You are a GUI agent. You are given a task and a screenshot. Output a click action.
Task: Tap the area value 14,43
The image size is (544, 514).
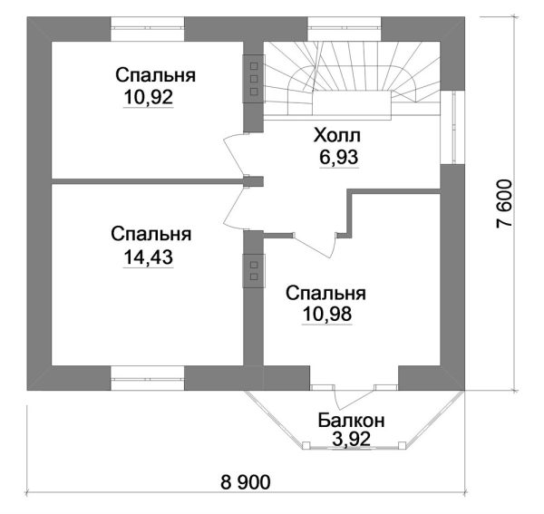coord(147,257)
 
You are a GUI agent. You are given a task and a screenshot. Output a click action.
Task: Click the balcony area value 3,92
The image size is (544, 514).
coord(351,440)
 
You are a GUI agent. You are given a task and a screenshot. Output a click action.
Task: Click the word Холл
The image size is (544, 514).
coord(337,136)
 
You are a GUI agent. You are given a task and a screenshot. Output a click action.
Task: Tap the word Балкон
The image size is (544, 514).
coord(352,421)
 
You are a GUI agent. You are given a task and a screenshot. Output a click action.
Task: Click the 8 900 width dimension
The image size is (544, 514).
coord(245,480)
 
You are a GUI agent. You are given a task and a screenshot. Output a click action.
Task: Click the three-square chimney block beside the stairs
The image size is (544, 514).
coord(253,78)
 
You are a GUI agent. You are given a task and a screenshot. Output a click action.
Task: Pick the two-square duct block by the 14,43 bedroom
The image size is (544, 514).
coord(253,269)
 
